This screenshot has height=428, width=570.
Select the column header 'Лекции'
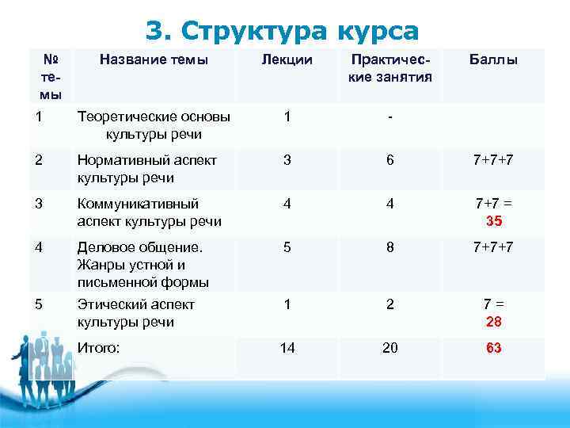(287, 59)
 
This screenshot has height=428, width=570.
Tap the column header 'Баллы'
(493, 59)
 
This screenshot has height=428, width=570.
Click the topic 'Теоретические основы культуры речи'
(154, 125)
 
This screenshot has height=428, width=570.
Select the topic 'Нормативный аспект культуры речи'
(147, 169)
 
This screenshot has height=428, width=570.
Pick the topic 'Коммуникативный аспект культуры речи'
(149, 212)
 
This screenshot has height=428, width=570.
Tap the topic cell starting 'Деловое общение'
(142, 265)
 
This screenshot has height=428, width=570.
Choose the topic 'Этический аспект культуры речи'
(136, 313)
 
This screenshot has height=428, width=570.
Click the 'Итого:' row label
(99, 347)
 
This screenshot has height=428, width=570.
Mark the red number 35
(494, 221)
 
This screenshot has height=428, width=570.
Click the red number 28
(494, 322)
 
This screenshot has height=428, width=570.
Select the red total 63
(494, 348)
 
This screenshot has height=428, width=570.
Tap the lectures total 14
(287, 348)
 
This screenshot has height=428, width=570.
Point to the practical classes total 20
(389, 348)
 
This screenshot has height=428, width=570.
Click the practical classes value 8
(389, 248)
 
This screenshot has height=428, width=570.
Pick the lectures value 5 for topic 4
(287, 248)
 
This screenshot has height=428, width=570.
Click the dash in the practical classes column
(389, 117)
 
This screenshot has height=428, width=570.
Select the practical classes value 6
(389, 160)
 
